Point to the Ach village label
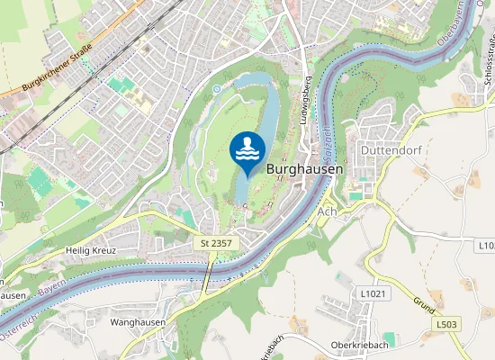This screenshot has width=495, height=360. (x=327, y=211)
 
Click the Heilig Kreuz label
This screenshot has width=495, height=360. (x=91, y=249)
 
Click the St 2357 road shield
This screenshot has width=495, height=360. (x=216, y=243)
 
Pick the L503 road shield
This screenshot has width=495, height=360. (x=448, y=323)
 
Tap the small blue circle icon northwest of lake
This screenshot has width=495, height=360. (x=216, y=89)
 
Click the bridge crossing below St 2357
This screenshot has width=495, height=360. (x=209, y=274)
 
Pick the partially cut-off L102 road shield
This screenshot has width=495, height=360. (x=486, y=245)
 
